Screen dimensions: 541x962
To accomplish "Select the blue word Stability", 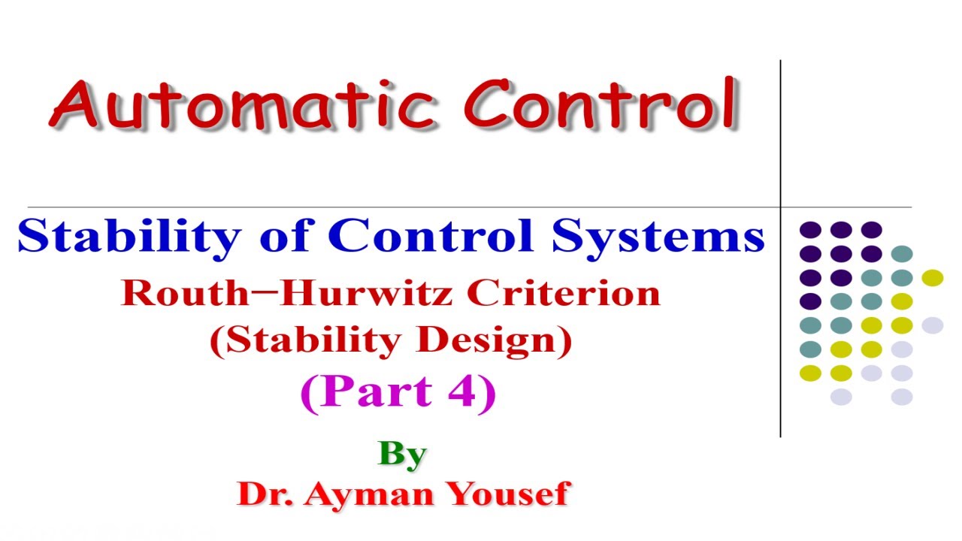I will (128, 237).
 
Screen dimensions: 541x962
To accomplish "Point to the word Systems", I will (657, 236).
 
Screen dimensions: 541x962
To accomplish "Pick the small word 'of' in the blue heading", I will (283, 237).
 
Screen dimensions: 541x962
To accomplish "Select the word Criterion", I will (563, 292).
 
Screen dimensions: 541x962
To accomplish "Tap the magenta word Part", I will (368, 391).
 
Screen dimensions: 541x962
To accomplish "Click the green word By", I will (403, 454).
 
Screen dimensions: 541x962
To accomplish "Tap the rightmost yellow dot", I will (932, 278).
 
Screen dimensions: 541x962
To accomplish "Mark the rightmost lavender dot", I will (932, 325).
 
